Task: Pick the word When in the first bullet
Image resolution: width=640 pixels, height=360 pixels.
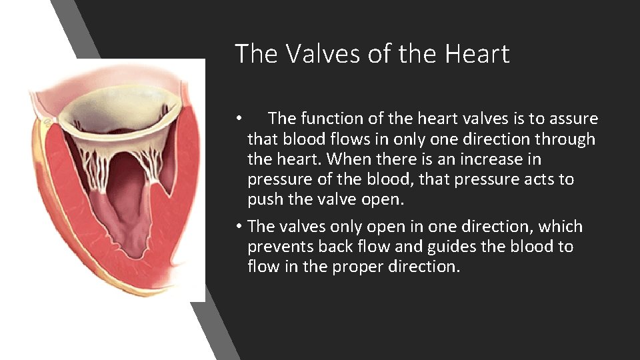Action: (347, 159)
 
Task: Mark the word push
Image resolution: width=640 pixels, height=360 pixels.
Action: (263, 200)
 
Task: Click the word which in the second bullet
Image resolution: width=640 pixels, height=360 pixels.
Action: (561, 226)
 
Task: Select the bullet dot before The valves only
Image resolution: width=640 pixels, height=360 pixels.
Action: (238, 227)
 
